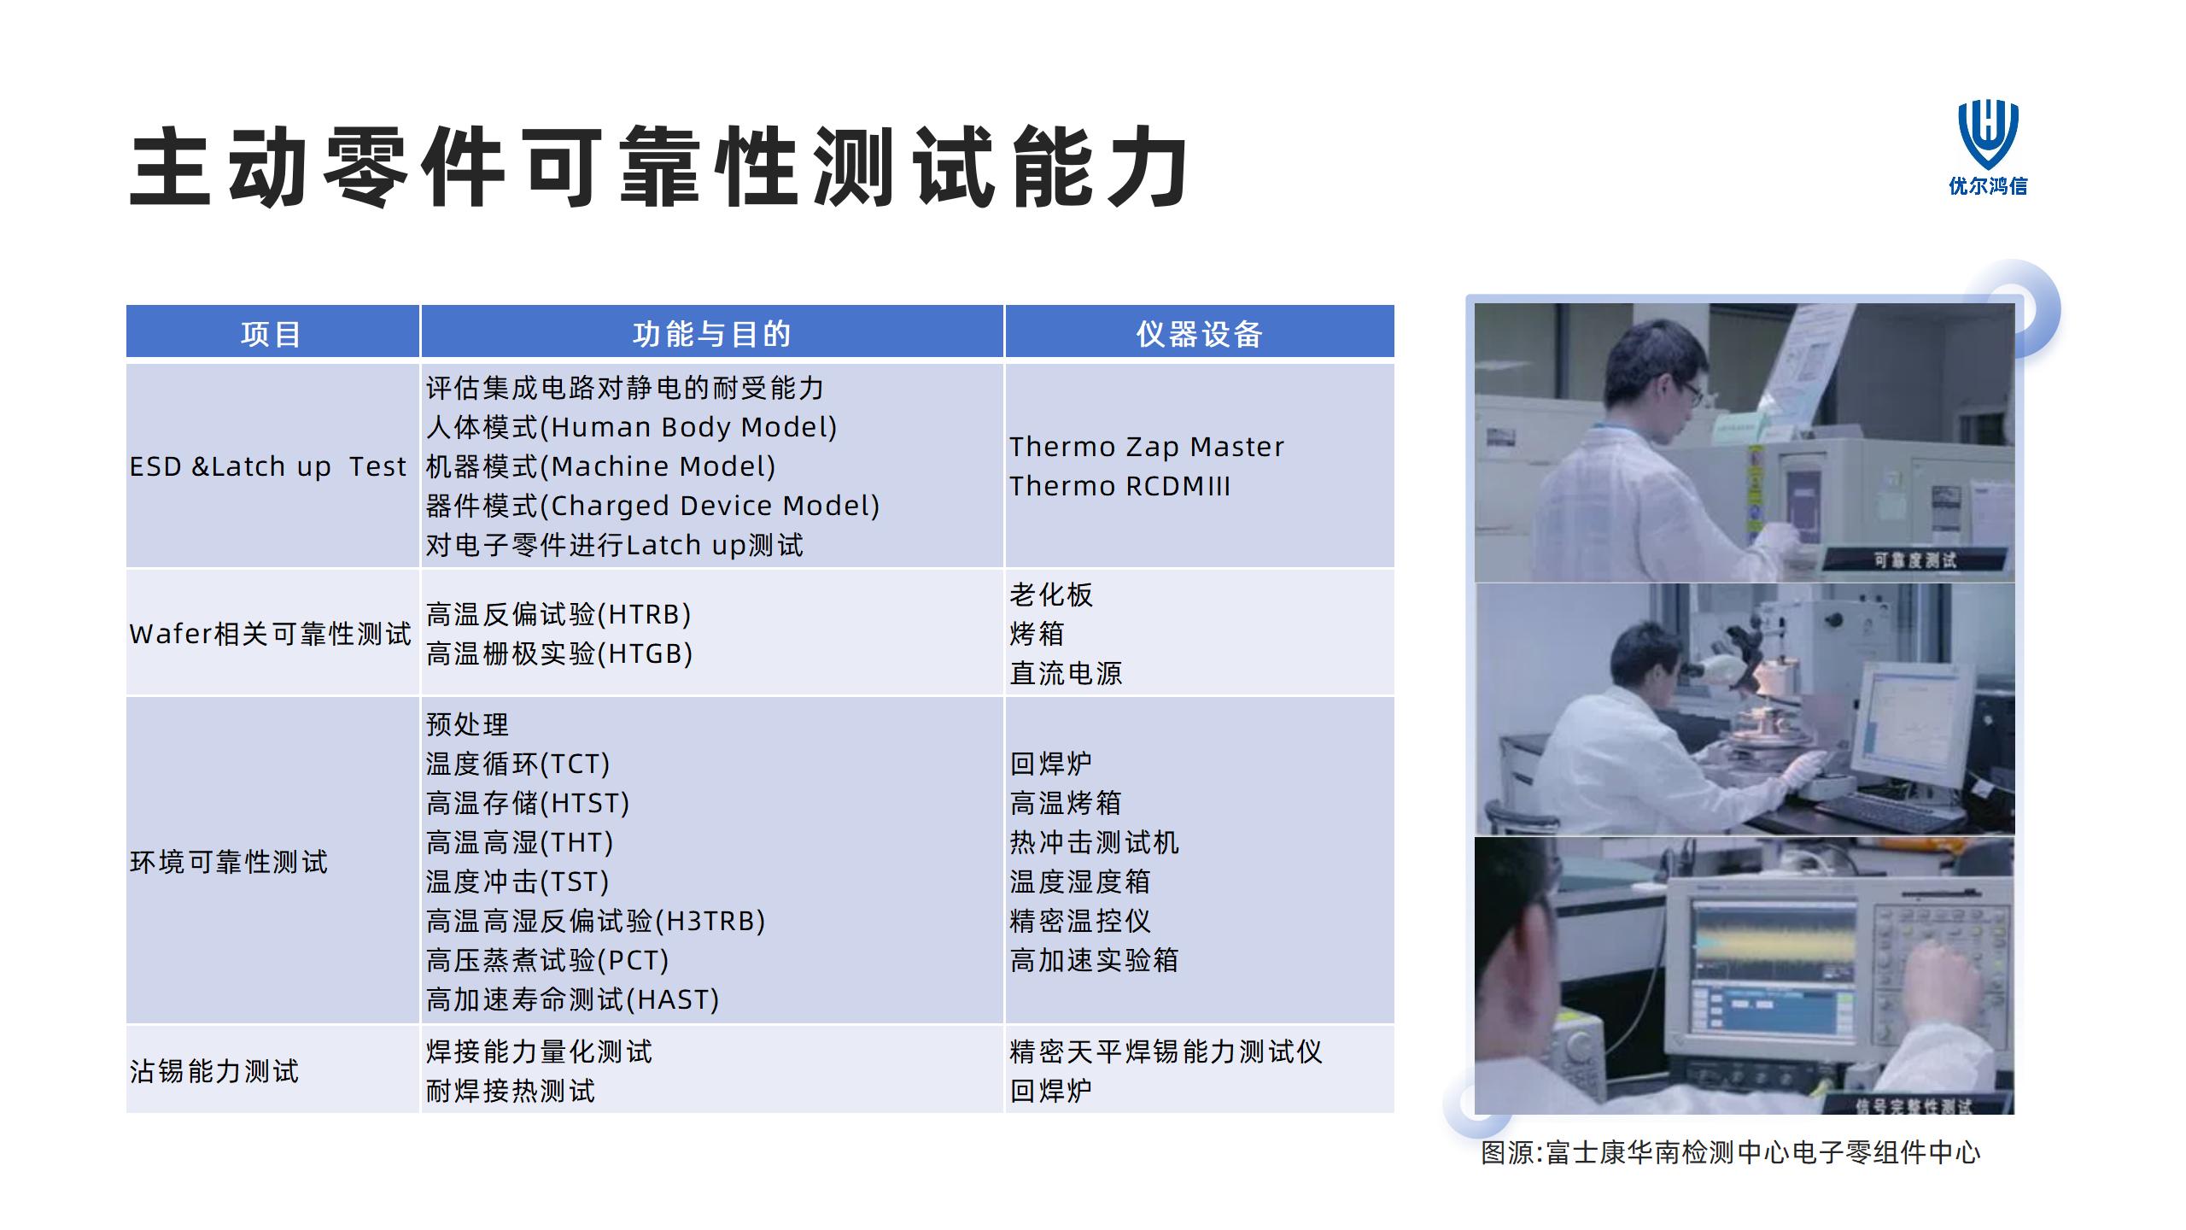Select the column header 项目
pos(272,334)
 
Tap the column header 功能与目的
pos(712,334)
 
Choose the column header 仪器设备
pos(1200,334)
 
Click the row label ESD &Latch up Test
pos(268,466)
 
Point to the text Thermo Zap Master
pos(1147,447)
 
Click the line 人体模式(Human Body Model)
pos(632,427)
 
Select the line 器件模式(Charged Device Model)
pos(653,506)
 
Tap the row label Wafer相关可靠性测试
pos(271,634)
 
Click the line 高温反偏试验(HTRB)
pos(558,614)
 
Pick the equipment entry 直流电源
pos(1066,673)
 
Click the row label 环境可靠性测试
pos(229,862)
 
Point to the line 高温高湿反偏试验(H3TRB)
pos(596,921)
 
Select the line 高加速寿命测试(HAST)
pos(573,999)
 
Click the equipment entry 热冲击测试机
pos(1094,842)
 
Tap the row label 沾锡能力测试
pos(214,1071)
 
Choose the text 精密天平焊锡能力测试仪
pos(1166,1051)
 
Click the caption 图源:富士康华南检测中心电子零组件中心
pos(1730,1153)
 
